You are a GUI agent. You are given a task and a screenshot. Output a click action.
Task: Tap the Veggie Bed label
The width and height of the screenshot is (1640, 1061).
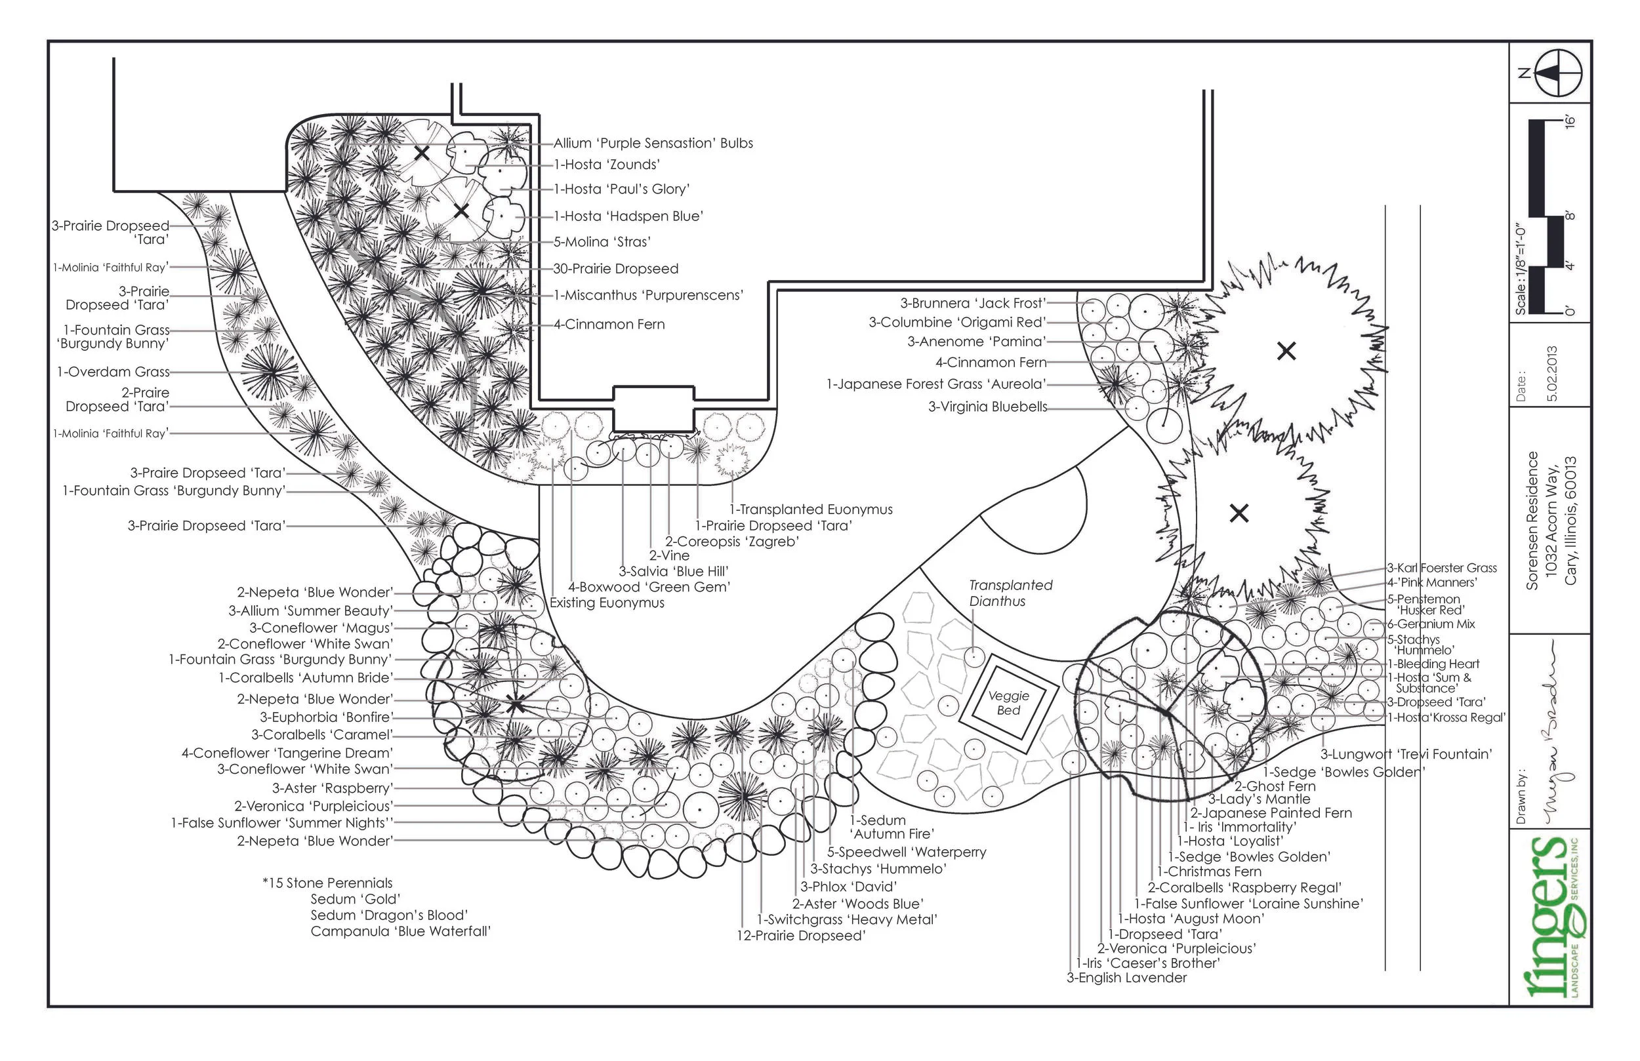[x=1009, y=703]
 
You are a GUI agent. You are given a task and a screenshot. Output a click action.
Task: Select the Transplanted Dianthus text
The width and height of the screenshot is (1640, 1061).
[x=1010, y=593]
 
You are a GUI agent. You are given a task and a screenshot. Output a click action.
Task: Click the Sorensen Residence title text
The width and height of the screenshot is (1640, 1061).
[x=1532, y=520]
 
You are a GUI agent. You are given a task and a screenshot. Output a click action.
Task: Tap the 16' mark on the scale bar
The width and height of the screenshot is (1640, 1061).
[x=1572, y=122]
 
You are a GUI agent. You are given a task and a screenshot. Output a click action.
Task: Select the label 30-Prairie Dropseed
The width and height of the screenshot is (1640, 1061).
[x=615, y=269]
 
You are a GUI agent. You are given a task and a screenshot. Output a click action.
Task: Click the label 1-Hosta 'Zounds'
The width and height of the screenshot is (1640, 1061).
[x=606, y=165]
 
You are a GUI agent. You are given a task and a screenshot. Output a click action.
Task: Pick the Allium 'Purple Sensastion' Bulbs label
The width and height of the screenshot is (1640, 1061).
[x=653, y=144]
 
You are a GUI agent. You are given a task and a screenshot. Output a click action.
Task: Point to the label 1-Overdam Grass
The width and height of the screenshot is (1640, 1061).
[x=113, y=372]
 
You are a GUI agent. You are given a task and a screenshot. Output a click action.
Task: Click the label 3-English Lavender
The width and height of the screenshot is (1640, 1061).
[x=1126, y=978]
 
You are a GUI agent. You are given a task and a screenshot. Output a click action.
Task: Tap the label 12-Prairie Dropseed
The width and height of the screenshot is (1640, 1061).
[x=801, y=936]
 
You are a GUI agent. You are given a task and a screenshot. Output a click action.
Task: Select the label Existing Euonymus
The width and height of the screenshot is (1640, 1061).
[x=606, y=603]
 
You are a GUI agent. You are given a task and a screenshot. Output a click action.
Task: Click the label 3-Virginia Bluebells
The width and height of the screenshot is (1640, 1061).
[x=987, y=407]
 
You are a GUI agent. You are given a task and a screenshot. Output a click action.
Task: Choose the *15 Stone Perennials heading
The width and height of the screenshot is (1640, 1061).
[x=327, y=883]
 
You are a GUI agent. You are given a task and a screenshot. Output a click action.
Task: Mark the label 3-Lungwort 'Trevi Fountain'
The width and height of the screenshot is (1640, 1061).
[x=1406, y=753]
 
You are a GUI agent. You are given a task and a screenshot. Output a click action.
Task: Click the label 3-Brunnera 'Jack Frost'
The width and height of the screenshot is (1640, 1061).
[x=973, y=303]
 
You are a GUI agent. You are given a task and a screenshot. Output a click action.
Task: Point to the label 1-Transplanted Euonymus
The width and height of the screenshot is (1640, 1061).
[x=811, y=509]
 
